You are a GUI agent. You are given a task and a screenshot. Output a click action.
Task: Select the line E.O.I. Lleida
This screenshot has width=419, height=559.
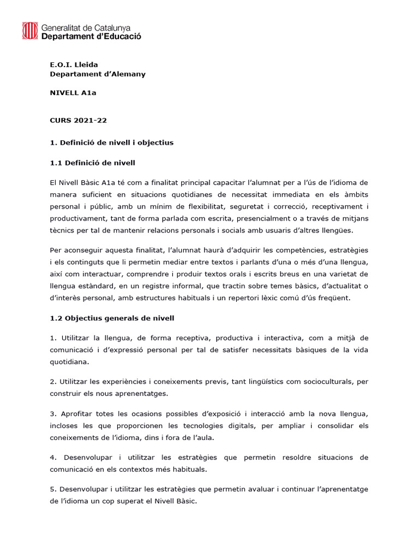click(74, 64)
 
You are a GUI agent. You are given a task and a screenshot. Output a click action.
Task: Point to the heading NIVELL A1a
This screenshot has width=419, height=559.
click(73, 93)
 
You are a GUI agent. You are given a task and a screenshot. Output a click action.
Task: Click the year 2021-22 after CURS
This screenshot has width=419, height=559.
click(90, 120)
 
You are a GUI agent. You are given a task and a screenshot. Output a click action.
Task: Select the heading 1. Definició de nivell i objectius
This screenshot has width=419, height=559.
click(111, 142)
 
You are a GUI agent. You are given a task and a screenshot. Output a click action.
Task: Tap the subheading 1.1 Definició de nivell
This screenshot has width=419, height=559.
click(92, 162)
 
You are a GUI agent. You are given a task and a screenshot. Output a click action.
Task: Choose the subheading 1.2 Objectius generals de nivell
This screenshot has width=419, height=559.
click(112, 318)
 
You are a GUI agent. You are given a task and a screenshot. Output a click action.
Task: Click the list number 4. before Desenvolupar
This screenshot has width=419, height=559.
click(53, 457)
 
